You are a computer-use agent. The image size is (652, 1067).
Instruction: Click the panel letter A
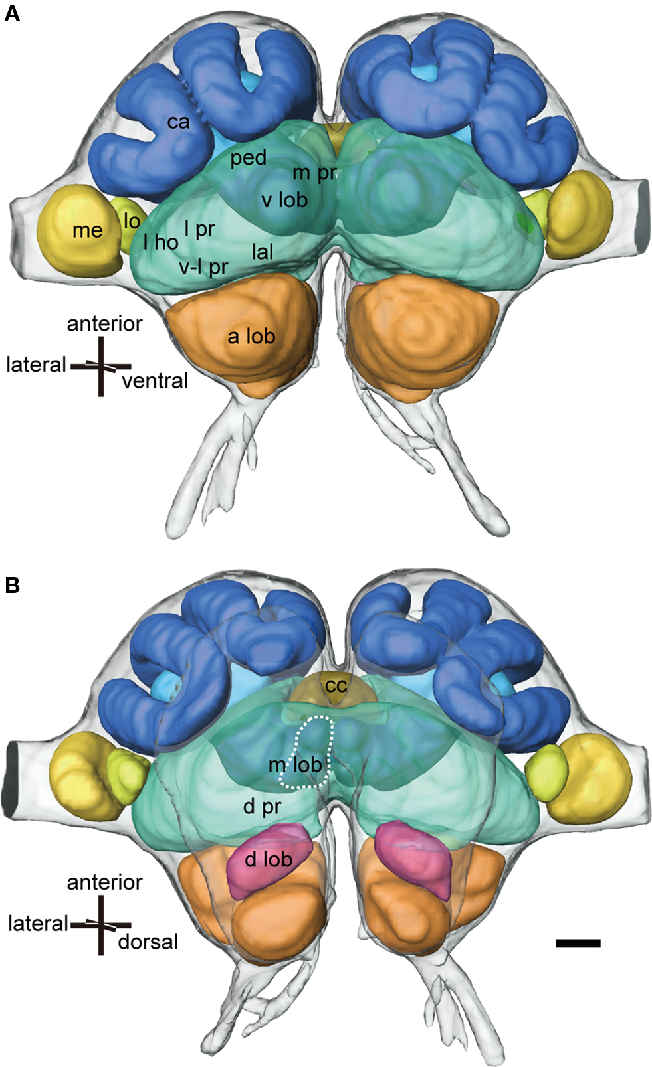12,13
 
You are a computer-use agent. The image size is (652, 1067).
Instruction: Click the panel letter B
12,585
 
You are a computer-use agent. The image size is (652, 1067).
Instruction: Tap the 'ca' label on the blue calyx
178,122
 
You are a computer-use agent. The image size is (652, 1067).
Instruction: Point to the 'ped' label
248,158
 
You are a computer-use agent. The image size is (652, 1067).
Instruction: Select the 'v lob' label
284,199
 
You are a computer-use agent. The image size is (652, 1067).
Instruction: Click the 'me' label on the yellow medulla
88,230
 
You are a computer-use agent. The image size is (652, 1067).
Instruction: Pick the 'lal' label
263,252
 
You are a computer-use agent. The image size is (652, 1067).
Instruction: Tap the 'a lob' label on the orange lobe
251,337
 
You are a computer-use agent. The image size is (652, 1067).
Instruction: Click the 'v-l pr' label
203,267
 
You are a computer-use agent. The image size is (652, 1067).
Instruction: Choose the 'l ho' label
161,242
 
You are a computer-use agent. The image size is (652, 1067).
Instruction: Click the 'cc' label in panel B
336,685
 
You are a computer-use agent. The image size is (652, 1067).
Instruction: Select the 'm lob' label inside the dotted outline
295,765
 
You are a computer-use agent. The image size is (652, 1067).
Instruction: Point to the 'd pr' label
262,807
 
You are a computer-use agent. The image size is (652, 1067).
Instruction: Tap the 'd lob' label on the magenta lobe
269,859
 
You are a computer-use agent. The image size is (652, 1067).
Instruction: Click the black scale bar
578,943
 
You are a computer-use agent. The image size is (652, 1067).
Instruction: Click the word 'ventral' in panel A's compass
155,381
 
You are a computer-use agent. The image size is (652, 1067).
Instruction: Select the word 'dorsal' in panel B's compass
148,942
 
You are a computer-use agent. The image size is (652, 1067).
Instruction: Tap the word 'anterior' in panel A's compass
104,324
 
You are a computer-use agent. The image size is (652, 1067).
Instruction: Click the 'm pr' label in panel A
315,173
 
